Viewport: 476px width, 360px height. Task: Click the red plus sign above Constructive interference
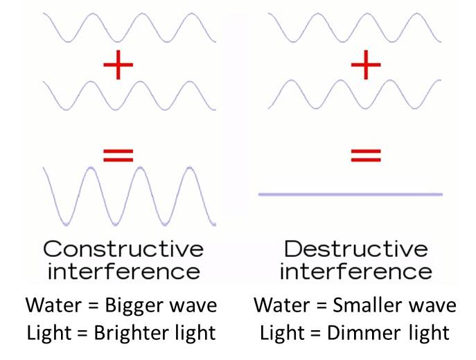click(x=118, y=67)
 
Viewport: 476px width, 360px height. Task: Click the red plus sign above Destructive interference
click(x=366, y=67)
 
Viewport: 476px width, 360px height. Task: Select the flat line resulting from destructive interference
click(x=350, y=195)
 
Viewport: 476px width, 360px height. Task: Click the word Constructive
click(x=123, y=249)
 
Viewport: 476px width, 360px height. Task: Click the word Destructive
click(x=356, y=249)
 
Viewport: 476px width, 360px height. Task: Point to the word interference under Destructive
click(x=355, y=270)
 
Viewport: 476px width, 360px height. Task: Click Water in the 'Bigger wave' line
click(x=49, y=305)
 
